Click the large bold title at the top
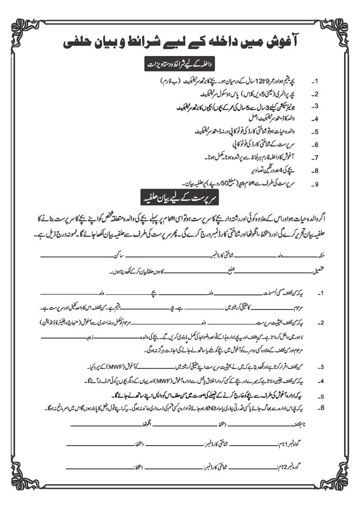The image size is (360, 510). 180,42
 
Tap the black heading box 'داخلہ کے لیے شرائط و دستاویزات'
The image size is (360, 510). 180,65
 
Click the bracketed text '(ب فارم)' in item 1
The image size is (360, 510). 184,81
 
